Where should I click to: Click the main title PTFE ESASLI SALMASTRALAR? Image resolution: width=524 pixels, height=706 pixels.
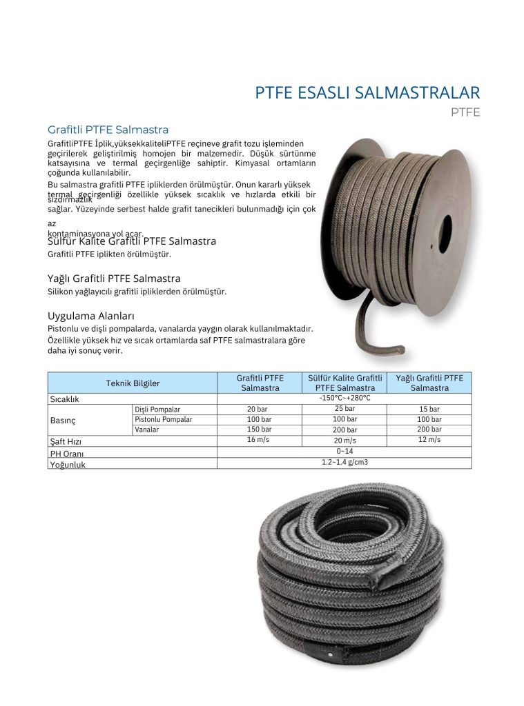point(367,92)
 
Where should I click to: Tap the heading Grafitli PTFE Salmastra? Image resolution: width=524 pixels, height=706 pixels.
point(108,130)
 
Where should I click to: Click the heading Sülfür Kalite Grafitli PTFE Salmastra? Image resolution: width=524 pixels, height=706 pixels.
point(132,241)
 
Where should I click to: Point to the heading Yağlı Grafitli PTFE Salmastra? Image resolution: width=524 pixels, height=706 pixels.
point(114,279)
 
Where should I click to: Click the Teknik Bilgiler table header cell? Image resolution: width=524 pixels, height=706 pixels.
point(133,383)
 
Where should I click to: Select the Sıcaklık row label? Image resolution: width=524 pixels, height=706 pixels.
point(65,399)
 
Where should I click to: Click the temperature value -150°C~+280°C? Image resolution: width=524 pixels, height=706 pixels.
point(345,398)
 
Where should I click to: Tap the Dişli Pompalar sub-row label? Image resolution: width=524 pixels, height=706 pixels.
point(157,409)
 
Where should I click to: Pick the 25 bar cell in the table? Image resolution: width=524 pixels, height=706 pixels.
point(345,408)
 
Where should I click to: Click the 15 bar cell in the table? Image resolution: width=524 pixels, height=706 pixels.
point(429,409)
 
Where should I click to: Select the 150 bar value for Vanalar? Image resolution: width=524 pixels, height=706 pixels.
point(260,430)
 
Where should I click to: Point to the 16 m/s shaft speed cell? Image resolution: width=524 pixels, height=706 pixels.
point(260,440)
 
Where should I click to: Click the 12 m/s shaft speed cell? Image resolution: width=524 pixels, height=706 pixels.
point(429,440)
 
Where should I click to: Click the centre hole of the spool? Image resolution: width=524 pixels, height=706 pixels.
point(445,234)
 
